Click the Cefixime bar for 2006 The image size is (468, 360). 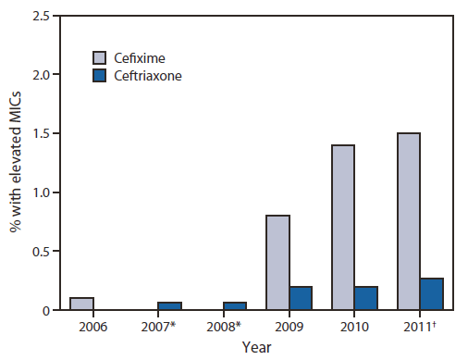pyautogui.click(x=81, y=304)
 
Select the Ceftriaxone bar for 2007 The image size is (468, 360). pyautogui.click(x=170, y=306)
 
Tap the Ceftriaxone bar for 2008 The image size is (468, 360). pyautogui.click(x=235, y=306)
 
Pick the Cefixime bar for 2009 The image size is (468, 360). pyautogui.click(x=277, y=263)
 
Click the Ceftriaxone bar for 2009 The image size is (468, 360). pyautogui.click(x=300, y=298)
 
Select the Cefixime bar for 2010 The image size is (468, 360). pyautogui.click(x=342, y=228)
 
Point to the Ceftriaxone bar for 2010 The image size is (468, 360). pyautogui.click(x=365, y=298)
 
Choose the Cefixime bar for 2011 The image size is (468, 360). pyautogui.click(x=408, y=221)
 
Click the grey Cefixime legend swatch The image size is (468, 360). pyautogui.click(x=103, y=58)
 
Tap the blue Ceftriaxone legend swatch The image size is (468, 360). pyautogui.click(x=103, y=77)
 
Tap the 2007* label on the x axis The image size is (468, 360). pyautogui.click(x=160, y=328)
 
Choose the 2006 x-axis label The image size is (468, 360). pyautogui.click(x=92, y=328)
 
